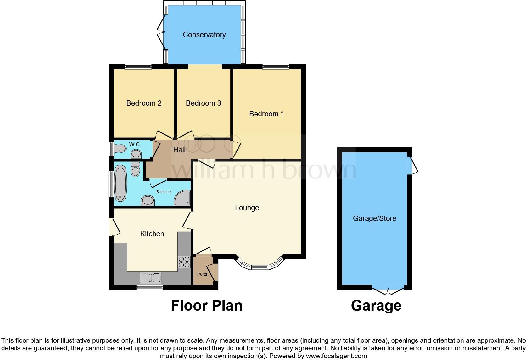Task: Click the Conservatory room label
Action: tap(204, 35)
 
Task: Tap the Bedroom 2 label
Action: tap(144, 103)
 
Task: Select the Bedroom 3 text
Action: tap(203, 103)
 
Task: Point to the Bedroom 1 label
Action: tap(266, 114)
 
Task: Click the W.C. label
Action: tap(135, 144)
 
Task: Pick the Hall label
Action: tap(179, 150)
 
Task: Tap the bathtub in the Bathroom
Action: tap(120, 184)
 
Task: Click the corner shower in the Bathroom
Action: tap(183, 198)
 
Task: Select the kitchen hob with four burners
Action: tap(184, 262)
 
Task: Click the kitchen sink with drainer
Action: tap(151, 278)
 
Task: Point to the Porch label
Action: tap(203, 274)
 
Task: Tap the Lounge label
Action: tap(247, 208)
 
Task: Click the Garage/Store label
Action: tap(374, 218)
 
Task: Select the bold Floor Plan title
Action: tap(206, 306)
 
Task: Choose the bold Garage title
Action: tap(376, 306)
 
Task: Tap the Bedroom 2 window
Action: tap(138, 66)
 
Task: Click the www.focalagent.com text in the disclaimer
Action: tap(336, 356)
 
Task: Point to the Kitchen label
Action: tap(152, 234)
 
